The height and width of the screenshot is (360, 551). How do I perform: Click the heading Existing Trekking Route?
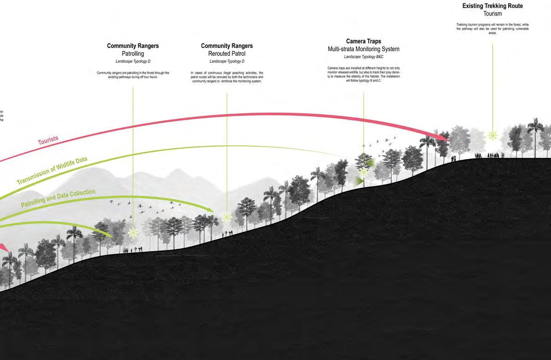[x=492, y=6]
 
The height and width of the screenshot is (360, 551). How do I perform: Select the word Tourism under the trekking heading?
[x=492, y=14]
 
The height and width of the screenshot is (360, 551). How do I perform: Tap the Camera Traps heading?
[x=363, y=41]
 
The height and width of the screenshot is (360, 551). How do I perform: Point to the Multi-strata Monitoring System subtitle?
[x=363, y=49]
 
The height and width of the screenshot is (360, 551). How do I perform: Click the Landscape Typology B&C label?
[x=363, y=57]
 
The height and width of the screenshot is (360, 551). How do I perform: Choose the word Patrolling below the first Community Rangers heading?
[x=133, y=54]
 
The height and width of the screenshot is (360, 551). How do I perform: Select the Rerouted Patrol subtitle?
[x=227, y=54]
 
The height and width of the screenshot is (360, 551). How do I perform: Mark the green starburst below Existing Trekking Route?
[x=492, y=136]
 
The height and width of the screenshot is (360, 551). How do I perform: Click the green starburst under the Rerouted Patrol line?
[x=227, y=217]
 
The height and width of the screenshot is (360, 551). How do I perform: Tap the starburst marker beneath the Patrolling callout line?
[x=133, y=232]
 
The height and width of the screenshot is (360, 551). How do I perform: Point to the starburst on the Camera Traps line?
[x=363, y=171]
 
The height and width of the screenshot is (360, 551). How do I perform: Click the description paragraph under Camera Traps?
[x=363, y=75]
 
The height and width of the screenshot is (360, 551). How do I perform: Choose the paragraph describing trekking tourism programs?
[x=492, y=29]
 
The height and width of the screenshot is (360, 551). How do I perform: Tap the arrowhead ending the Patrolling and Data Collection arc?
[x=210, y=210]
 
